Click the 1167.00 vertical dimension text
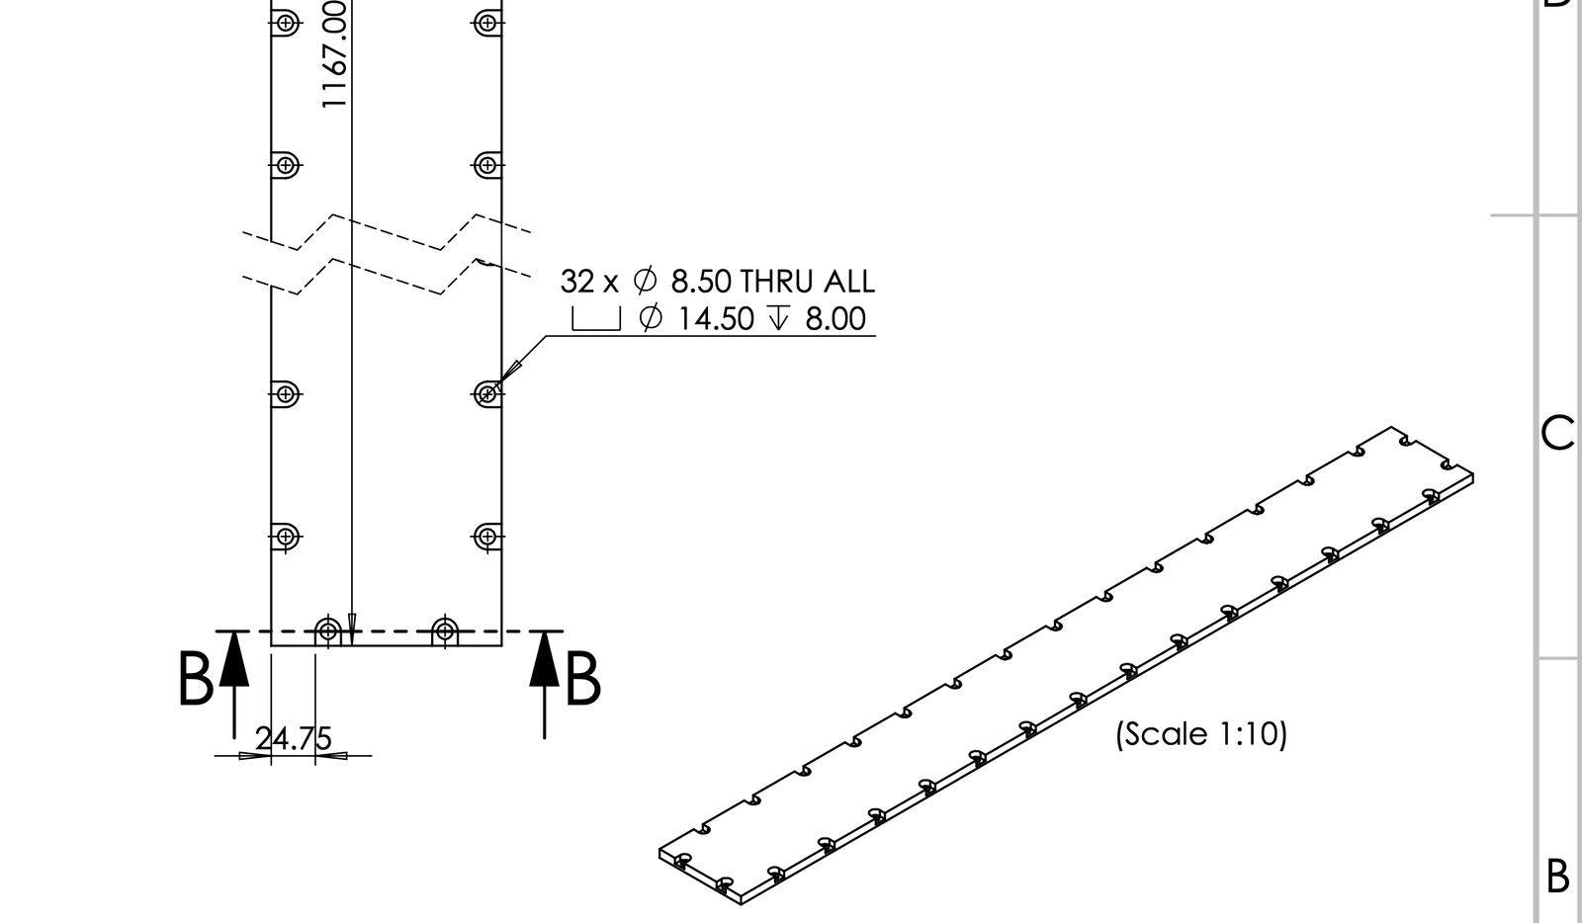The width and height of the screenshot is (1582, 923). tap(334, 54)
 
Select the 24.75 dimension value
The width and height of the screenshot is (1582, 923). tap(294, 739)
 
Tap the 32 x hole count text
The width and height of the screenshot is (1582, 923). tap(588, 282)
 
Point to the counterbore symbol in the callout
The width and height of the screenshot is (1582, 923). tap(596, 318)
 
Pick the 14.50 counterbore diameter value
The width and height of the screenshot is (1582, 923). tap(716, 318)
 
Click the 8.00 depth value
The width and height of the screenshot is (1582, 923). tap(835, 318)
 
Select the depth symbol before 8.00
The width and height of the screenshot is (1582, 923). tap(779, 318)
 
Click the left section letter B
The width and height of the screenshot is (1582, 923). tap(195, 679)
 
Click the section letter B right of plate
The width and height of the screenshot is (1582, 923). tap(582, 679)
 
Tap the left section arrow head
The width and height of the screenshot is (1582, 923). tap(233, 658)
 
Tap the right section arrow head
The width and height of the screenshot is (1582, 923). tap(544, 658)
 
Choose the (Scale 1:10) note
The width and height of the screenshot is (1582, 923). tap(1201, 734)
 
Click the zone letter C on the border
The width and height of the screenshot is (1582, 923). tap(1557, 433)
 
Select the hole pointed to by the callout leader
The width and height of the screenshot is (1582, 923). tap(485, 394)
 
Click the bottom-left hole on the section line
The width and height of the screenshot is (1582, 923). tap(328, 629)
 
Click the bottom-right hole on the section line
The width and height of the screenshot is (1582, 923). tap(445, 629)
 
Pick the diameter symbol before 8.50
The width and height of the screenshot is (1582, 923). tap(645, 282)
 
